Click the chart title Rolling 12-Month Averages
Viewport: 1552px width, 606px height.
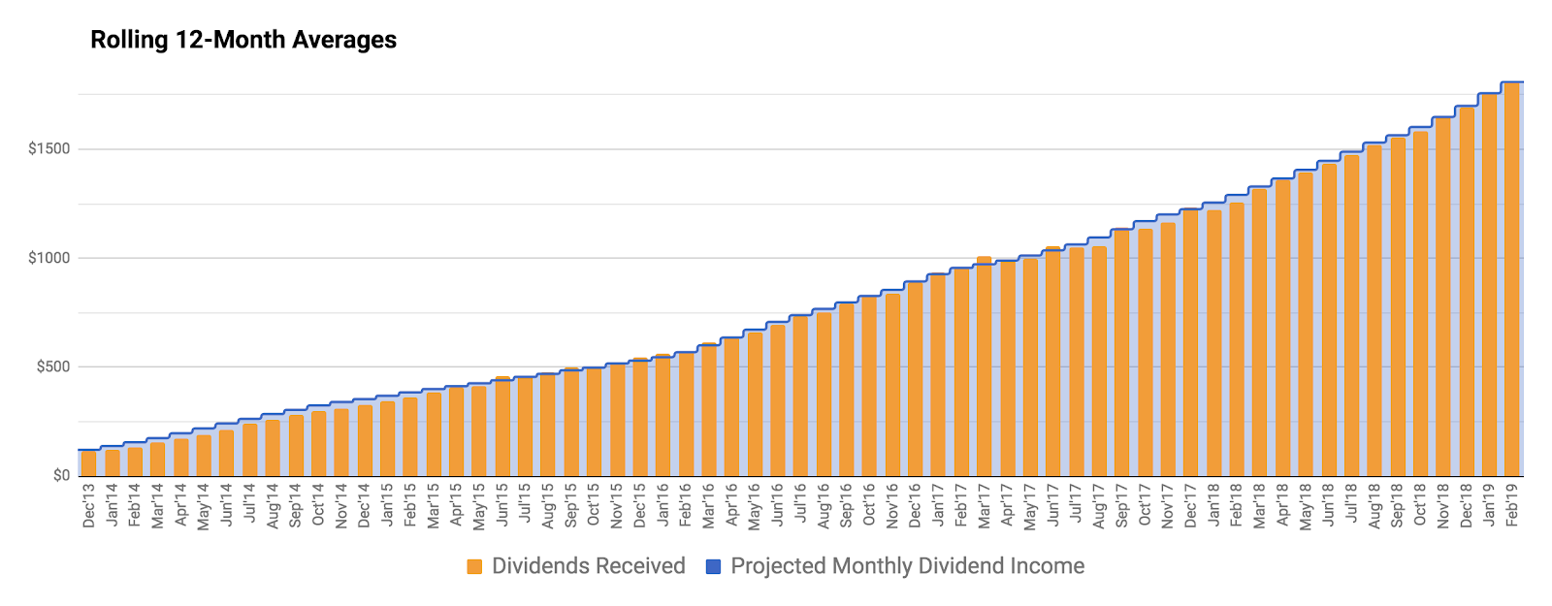pos(243,40)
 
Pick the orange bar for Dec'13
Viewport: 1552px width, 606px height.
pos(89,463)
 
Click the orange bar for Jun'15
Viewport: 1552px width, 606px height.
pos(502,427)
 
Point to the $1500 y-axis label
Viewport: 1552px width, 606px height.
pos(48,149)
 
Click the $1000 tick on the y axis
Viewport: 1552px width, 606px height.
pos(48,258)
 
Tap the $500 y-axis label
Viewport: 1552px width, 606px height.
pos(52,367)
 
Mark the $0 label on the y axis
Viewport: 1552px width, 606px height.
pos(61,476)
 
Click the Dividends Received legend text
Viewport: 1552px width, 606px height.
pos(588,566)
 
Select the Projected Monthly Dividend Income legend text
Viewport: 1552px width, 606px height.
pos(907,566)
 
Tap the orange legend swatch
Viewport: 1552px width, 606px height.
pos(474,567)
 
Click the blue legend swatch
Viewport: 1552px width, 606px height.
pos(714,567)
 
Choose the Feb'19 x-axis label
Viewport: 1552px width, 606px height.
pos(1511,505)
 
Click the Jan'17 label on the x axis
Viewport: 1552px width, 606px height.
pos(938,505)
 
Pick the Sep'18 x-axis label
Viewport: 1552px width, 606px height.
pos(1397,505)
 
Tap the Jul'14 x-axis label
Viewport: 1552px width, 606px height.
pos(250,505)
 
